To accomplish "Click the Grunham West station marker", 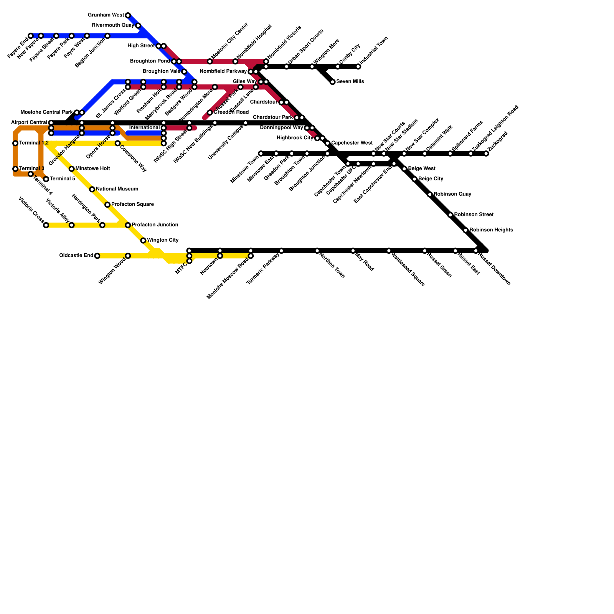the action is pyautogui.click(x=128, y=15).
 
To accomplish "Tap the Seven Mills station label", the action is pyautogui.click(x=350, y=82).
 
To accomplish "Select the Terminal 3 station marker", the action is pyautogui.click(x=15, y=169).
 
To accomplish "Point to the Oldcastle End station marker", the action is pyautogui.click(x=97, y=256).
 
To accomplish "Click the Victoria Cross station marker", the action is pyautogui.click(x=46, y=225).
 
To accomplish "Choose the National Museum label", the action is pyautogui.click(x=117, y=189).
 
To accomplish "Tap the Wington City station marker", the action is pyautogui.click(x=143, y=241).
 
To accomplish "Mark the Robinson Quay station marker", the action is pyautogui.click(x=430, y=195).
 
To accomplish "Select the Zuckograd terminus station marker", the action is pyautogui.click(x=486, y=154).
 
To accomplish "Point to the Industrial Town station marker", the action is pyautogui.click(x=358, y=67).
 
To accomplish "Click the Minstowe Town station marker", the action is pyautogui.click(x=261, y=153).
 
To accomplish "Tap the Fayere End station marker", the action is pyautogui.click(x=31, y=36).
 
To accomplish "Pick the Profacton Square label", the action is pyautogui.click(x=132, y=205).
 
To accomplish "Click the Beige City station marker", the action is pyautogui.click(x=414, y=179).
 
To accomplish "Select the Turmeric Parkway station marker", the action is pyautogui.click(x=281, y=251).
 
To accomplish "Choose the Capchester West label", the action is pyautogui.click(x=352, y=143).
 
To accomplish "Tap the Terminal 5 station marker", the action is pyautogui.click(x=46, y=179).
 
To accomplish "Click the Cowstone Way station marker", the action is pyautogui.click(x=118, y=144).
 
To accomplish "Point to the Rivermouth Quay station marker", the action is pyautogui.click(x=138, y=26).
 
